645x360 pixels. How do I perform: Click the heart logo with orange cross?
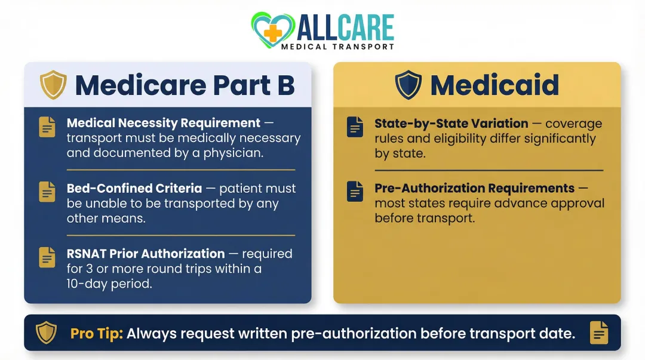pos(272,29)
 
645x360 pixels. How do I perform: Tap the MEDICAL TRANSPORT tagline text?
pos(337,47)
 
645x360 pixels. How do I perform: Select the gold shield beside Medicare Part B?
pos(53,85)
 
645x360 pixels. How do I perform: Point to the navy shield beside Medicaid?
pos(408,85)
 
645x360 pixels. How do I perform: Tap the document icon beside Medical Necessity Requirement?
pos(47,127)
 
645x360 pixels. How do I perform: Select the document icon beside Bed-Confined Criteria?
pos(47,192)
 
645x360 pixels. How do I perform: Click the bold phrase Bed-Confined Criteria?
pos(134,188)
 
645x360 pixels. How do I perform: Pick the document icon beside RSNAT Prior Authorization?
pos(47,257)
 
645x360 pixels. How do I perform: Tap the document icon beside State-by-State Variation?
pos(355,127)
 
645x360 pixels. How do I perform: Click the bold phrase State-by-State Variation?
pos(451,124)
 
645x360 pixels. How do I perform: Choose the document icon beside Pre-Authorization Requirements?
pos(355,192)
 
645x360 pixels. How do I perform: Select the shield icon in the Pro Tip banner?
pos(46,333)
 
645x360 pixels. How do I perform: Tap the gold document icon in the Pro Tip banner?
pos(599,333)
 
